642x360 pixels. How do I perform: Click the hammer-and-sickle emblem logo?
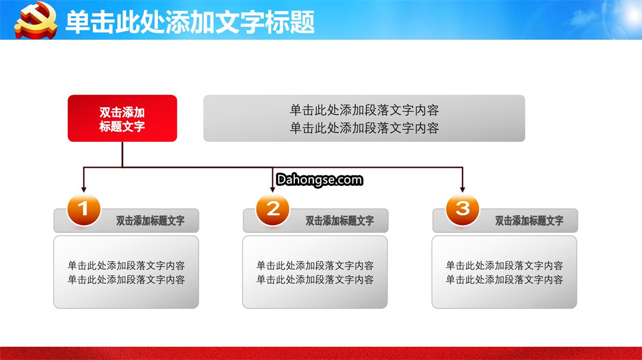click(36, 20)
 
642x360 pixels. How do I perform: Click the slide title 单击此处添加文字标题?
click(190, 21)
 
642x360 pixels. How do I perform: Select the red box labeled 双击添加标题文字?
click(122, 118)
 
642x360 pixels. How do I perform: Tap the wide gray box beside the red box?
click(364, 118)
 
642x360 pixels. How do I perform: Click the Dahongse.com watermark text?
click(319, 179)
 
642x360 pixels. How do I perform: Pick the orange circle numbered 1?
click(84, 210)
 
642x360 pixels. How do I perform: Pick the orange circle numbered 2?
click(273, 210)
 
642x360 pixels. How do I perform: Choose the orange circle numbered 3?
click(462, 210)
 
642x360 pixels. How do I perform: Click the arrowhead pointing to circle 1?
click(84, 190)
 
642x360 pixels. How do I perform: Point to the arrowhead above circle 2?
click(273, 190)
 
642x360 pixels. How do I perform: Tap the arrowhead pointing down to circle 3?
click(462, 190)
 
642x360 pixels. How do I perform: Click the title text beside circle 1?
click(150, 221)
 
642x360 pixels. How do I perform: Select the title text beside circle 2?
click(340, 221)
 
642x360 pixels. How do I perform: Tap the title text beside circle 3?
click(530, 221)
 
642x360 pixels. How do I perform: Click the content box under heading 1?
click(126, 272)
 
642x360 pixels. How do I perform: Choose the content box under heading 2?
click(315, 272)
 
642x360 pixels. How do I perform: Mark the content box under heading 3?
click(505, 272)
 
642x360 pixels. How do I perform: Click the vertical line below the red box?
click(122, 154)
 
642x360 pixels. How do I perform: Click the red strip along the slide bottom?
click(321, 353)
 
